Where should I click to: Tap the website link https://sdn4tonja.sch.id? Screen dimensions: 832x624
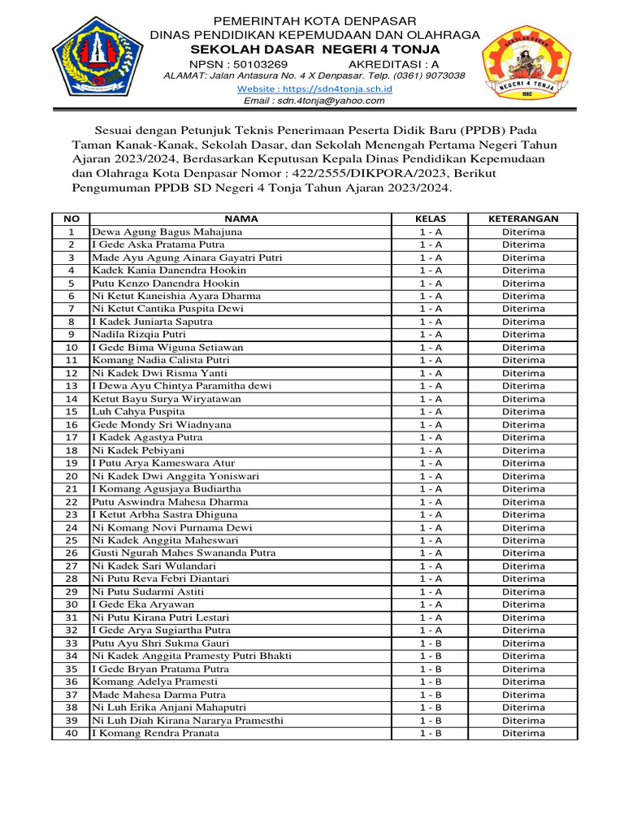click(x=314, y=88)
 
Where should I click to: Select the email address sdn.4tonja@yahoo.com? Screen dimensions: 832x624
click(x=314, y=101)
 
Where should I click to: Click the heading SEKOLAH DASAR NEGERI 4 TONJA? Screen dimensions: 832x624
click(x=314, y=49)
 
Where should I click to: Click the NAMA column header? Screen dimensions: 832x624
click(x=240, y=219)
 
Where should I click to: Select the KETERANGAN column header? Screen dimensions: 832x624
click(x=522, y=219)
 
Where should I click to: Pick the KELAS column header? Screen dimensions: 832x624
click(x=431, y=219)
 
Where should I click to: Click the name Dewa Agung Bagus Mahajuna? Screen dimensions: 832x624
click(x=167, y=232)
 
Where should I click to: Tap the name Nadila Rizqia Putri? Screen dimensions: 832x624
click(x=139, y=334)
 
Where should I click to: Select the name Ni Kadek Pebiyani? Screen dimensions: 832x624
click(x=138, y=450)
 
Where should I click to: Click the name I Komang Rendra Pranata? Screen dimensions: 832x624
click(x=155, y=733)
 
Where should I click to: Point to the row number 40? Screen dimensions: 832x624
click(x=71, y=733)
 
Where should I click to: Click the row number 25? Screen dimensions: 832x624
click(x=71, y=539)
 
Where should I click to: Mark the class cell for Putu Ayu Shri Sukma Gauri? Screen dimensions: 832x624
click(x=431, y=643)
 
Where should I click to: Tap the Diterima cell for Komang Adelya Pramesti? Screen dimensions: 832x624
click(x=522, y=682)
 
